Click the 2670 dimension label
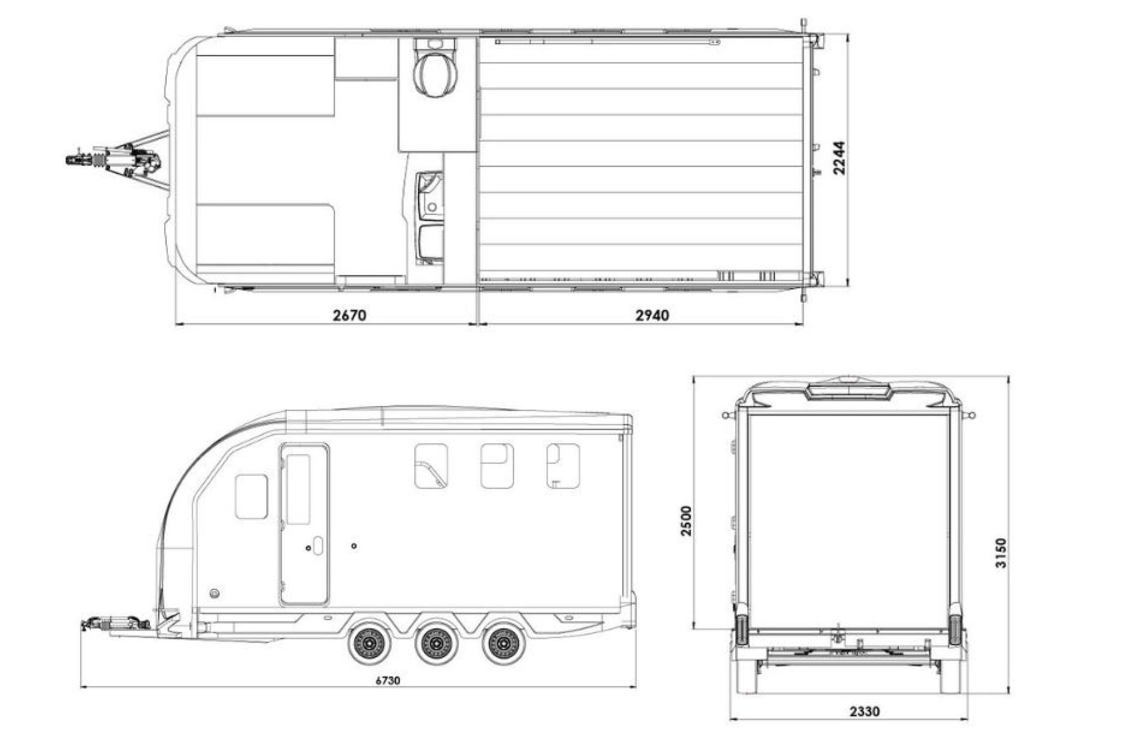coord(349,315)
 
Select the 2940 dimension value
coord(652,315)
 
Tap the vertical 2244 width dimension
coord(839,158)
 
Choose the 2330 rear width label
coord(865,724)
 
